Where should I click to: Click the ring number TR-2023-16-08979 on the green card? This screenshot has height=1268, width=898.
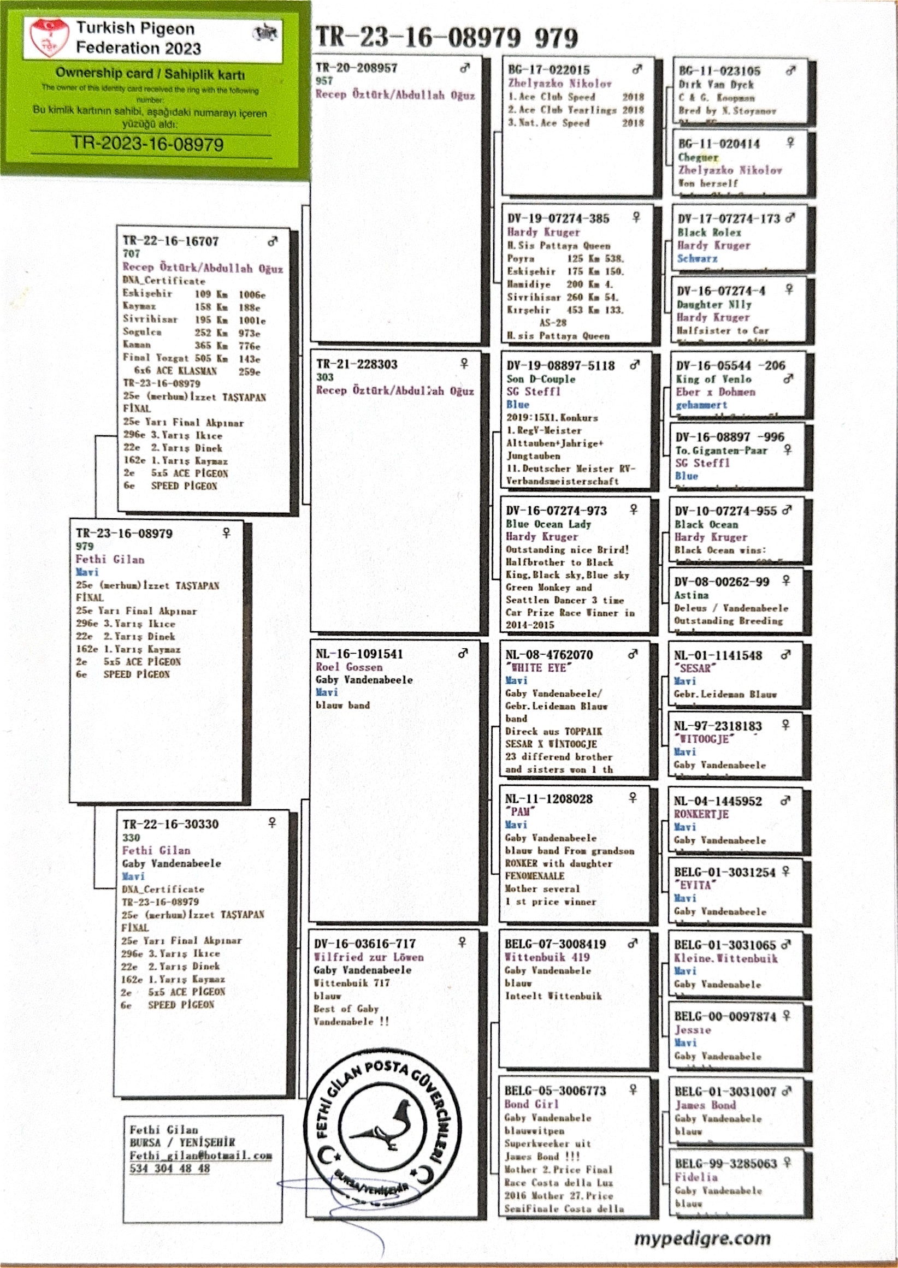(147, 145)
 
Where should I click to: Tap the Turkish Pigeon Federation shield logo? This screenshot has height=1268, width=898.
(49, 37)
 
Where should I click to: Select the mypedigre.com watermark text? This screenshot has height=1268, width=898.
(702, 1239)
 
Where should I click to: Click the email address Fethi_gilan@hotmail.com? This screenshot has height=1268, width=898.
(200, 1156)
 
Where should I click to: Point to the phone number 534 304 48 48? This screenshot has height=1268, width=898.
(170, 1169)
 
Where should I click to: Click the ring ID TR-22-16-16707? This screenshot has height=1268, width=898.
(170, 241)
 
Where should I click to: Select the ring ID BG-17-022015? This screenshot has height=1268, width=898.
(548, 70)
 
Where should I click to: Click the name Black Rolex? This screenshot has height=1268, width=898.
(710, 232)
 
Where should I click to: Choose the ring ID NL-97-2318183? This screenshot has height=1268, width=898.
(717, 726)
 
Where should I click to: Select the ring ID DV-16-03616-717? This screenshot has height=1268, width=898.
(364, 944)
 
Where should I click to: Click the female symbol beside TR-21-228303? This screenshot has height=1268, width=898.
(464, 363)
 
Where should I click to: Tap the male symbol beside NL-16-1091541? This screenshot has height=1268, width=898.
(463, 653)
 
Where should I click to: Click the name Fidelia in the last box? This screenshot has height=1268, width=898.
(695, 1177)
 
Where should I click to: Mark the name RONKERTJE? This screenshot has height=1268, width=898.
(701, 814)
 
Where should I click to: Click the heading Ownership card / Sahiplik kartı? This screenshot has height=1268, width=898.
(150, 74)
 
